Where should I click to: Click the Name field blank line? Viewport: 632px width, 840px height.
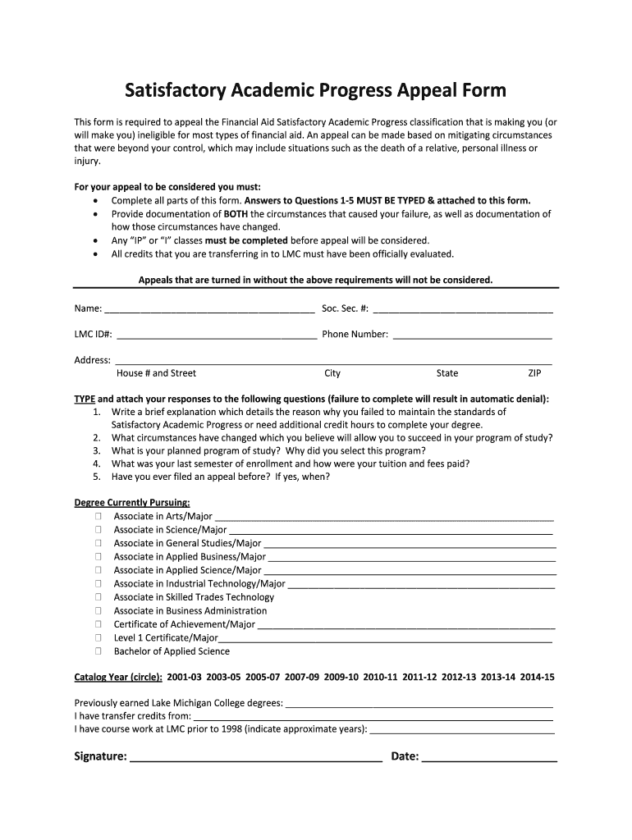[209, 311]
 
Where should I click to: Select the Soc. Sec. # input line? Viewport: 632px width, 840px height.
[462, 311]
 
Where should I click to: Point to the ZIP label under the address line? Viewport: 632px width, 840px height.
[534, 373]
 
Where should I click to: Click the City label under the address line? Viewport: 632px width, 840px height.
[332, 373]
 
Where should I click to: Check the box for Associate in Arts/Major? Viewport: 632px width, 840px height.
[98, 517]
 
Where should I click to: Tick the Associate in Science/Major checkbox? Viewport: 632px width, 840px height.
[98, 530]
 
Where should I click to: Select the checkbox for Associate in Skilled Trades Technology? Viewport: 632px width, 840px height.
[98, 597]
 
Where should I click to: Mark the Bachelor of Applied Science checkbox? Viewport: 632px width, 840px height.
[98, 651]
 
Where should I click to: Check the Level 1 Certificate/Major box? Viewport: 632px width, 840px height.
[98, 638]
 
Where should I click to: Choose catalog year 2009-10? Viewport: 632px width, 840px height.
[341, 678]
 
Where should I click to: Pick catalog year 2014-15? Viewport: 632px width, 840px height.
[538, 678]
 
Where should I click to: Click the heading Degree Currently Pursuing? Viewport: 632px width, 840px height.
[132, 502]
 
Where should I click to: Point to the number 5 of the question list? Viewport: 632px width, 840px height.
[97, 477]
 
